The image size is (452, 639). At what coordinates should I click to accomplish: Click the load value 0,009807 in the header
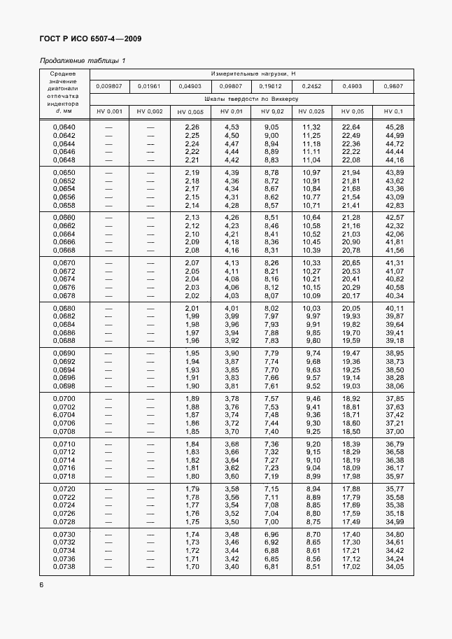coord(109,86)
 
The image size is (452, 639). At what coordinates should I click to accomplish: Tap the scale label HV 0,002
coord(150,112)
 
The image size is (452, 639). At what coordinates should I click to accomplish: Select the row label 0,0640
coord(64,127)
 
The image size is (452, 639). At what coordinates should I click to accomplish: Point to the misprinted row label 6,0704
coord(64,415)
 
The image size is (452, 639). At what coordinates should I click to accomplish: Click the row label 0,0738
coord(64,566)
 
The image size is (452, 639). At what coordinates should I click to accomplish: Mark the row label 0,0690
coord(64,353)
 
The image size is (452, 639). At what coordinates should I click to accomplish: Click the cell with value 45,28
coord(394,127)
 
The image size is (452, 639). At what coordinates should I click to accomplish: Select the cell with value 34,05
coord(394,566)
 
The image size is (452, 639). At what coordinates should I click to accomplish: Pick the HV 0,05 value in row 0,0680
coord(351,309)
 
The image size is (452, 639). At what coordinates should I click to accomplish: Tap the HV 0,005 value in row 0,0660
coord(192,218)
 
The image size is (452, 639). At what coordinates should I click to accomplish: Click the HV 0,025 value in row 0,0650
coord(310,172)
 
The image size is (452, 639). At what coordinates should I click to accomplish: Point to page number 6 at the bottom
coord(41,584)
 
